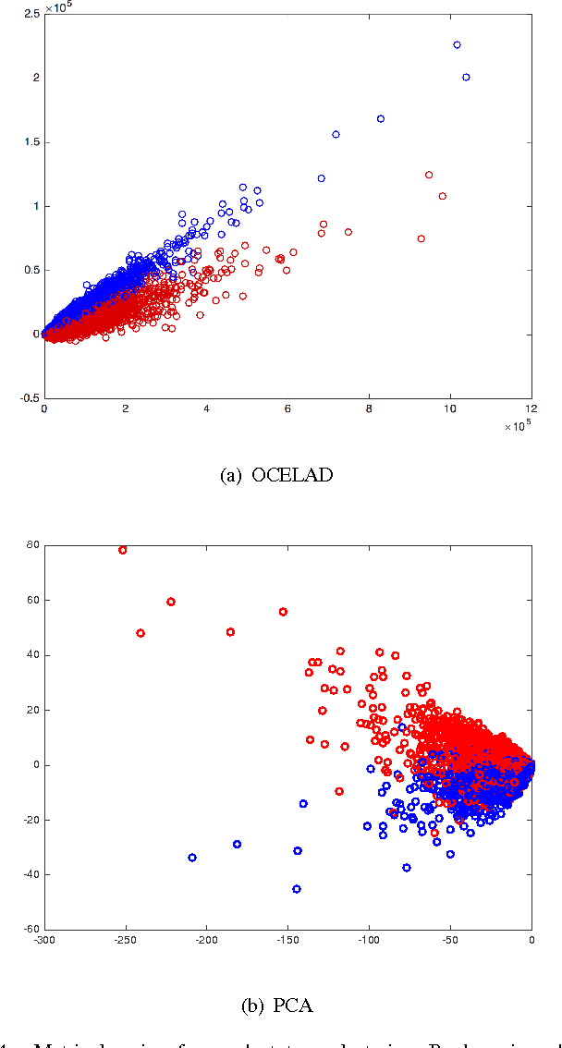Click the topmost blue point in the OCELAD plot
[x=457, y=44]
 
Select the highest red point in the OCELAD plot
[x=429, y=175]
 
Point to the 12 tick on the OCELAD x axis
[x=531, y=408]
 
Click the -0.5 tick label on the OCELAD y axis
[x=30, y=398]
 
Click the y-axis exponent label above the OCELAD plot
[x=60, y=6]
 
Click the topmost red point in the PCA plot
[x=122, y=550]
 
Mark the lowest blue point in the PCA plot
[x=297, y=889]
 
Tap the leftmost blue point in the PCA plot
[x=192, y=858]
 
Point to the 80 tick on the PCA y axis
[x=32, y=545]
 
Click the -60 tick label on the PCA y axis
[x=31, y=929]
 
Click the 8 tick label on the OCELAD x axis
[x=369, y=408]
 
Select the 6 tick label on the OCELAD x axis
[x=287, y=408]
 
